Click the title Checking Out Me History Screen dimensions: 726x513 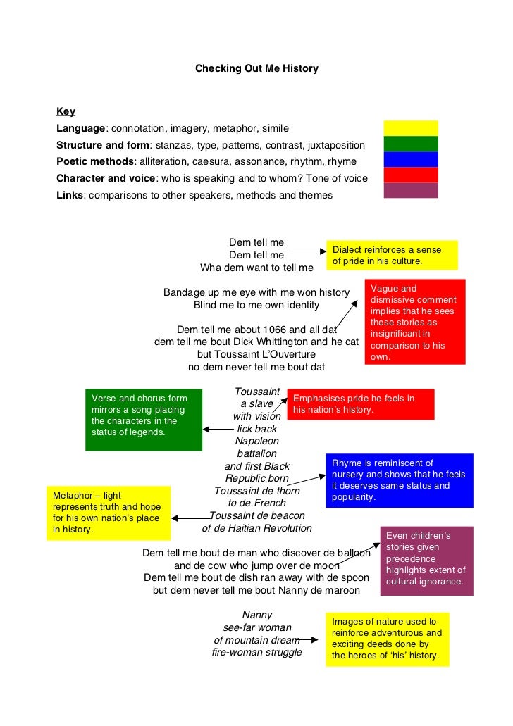click(256, 68)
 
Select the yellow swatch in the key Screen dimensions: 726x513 click(411, 128)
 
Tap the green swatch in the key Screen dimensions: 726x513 click(411, 144)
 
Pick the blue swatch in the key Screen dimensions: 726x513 click(411, 159)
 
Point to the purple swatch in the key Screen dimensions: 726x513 click(411, 190)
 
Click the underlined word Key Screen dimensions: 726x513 click(66, 111)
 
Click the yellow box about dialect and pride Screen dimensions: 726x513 click(392, 255)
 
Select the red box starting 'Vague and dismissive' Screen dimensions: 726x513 click(415, 322)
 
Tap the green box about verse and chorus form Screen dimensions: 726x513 click(143, 419)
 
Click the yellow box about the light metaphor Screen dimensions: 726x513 click(108, 512)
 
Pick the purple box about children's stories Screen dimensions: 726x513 click(426, 561)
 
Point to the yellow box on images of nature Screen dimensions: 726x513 click(387, 639)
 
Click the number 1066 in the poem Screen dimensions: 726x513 click(274, 329)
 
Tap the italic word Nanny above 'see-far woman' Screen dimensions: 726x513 click(256, 614)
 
